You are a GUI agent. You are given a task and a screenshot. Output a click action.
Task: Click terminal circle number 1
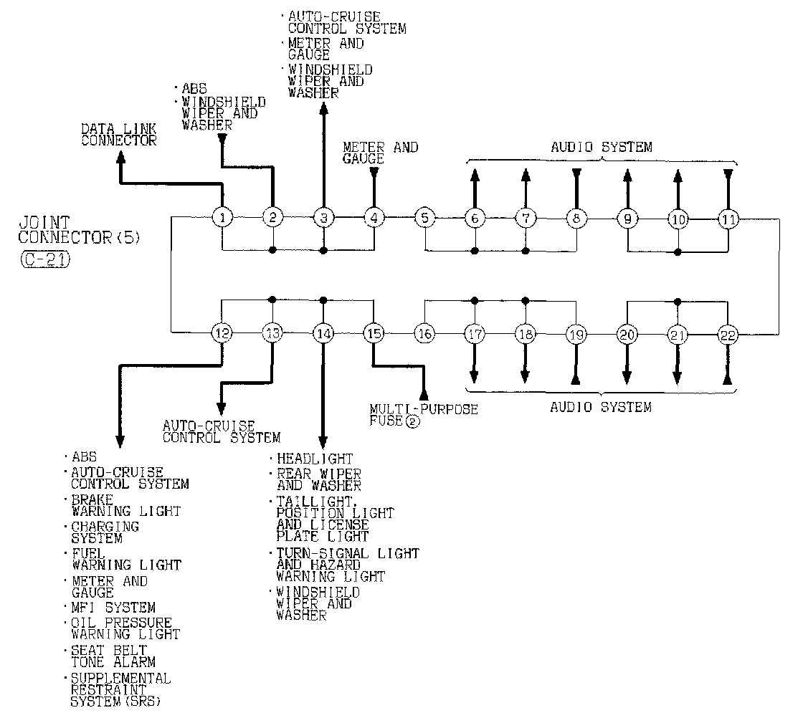click(223, 217)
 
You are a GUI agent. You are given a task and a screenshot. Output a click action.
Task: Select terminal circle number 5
click(425, 217)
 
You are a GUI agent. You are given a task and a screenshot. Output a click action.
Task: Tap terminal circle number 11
click(728, 218)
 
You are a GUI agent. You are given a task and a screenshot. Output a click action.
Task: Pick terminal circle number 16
click(424, 332)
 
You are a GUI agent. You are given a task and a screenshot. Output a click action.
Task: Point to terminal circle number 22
click(728, 333)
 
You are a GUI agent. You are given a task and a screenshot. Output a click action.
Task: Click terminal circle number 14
click(323, 332)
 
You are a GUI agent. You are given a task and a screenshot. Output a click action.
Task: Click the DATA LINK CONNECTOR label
click(118, 135)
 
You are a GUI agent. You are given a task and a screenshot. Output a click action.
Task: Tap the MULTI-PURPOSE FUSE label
click(423, 415)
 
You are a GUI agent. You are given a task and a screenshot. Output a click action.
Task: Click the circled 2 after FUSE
click(412, 421)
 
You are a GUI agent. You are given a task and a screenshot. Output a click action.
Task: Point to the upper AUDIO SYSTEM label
click(602, 147)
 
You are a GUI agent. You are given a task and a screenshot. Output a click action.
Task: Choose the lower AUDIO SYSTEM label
click(601, 407)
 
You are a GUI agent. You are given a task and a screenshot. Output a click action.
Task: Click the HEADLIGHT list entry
click(315, 459)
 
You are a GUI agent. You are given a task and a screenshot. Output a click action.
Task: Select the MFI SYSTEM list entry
click(113, 608)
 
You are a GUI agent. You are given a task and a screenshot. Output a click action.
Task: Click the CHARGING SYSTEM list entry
click(105, 532)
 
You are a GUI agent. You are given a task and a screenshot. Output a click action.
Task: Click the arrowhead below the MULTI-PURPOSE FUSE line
click(424, 393)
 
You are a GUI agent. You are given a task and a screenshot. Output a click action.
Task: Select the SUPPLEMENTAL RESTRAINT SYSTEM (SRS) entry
click(120, 689)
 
